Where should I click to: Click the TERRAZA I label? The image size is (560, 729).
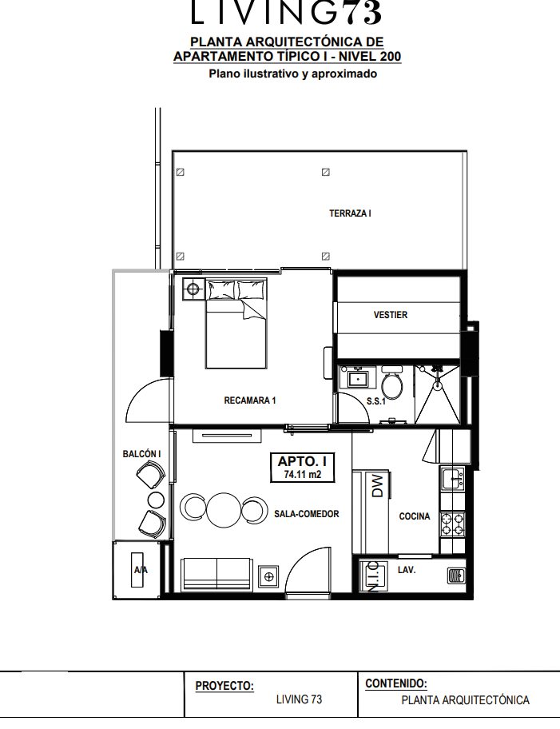click(x=350, y=213)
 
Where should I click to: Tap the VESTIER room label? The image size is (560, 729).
click(x=391, y=315)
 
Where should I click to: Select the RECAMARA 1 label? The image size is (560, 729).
click(x=250, y=400)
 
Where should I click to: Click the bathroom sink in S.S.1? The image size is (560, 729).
click(x=357, y=377)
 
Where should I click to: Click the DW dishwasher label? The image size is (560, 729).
click(x=379, y=486)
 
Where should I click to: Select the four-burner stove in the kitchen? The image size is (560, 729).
click(x=452, y=524)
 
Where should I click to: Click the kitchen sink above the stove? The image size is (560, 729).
click(x=453, y=478)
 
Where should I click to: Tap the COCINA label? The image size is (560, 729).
click(x=415, y=516)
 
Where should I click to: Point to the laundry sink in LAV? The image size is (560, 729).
click(x=456, y=576)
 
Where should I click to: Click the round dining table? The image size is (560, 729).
click(x=224, y=510)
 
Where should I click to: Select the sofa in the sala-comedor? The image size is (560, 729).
click(x=217, y=574)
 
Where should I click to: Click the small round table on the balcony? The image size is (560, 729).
click(x=156, y=500)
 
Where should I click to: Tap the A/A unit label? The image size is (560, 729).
click(x=141, y=570)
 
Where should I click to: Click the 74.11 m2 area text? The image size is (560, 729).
click(x=303, y=475)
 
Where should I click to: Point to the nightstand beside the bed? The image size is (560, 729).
click(x=193, y=289)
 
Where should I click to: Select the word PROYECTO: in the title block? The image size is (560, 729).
click(x=224, y=686)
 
